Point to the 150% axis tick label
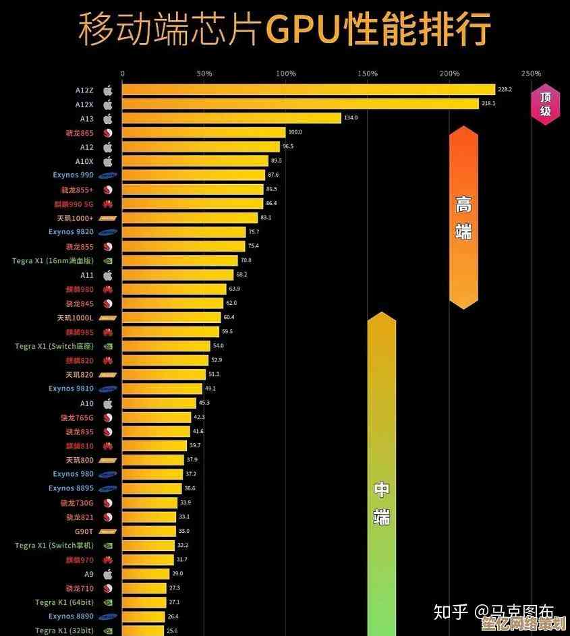368,74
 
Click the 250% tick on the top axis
531,74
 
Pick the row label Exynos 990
73,175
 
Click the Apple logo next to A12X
107,105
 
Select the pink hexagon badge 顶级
545,104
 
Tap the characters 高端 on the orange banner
463,217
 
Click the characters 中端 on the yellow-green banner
382,503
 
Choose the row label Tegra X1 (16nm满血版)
53,260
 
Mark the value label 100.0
295,132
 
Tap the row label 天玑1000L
75,318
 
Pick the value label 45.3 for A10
204,403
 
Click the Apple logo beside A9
107,574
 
